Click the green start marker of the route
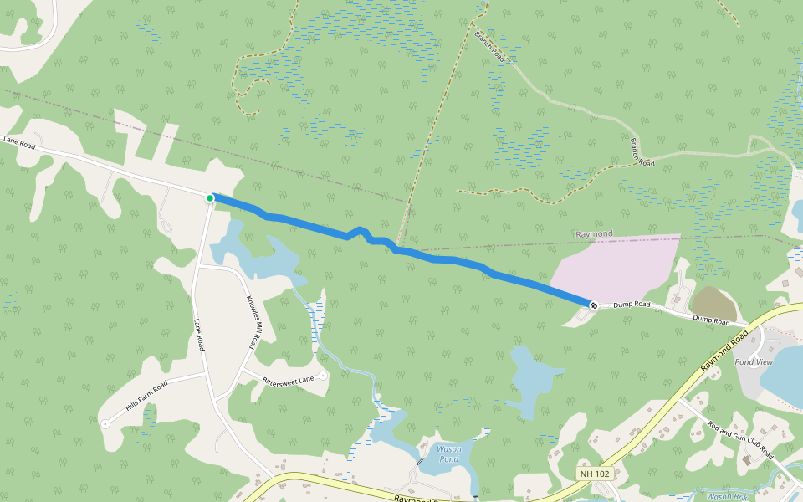point(209,197)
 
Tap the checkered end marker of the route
point(593,305)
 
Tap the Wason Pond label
point(449,454)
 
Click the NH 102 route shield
point(594,474)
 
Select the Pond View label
point(753,362)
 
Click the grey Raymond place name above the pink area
point(594,233)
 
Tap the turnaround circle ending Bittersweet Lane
point(323,376)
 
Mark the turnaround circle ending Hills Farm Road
point(105,424)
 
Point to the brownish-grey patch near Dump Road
point(713,302)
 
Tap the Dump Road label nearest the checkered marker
point(631,305)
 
